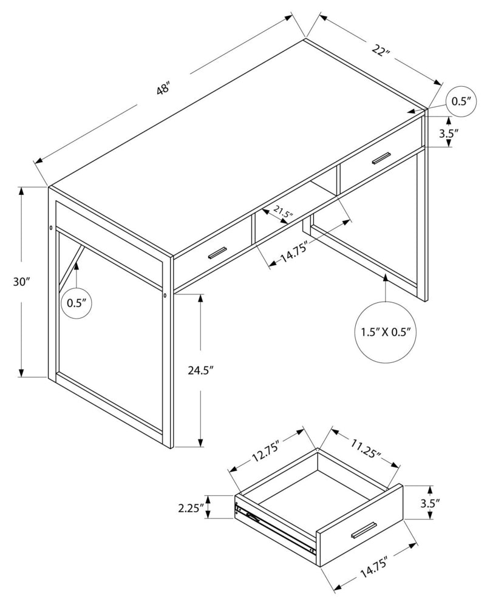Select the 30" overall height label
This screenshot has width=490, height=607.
point(21,282)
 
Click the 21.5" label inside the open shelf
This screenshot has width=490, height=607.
point(283,212)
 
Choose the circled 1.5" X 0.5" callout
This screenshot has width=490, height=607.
point(386,332)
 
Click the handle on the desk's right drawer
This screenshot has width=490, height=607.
point(382,158)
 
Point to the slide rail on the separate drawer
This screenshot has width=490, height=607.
point(276,526)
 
